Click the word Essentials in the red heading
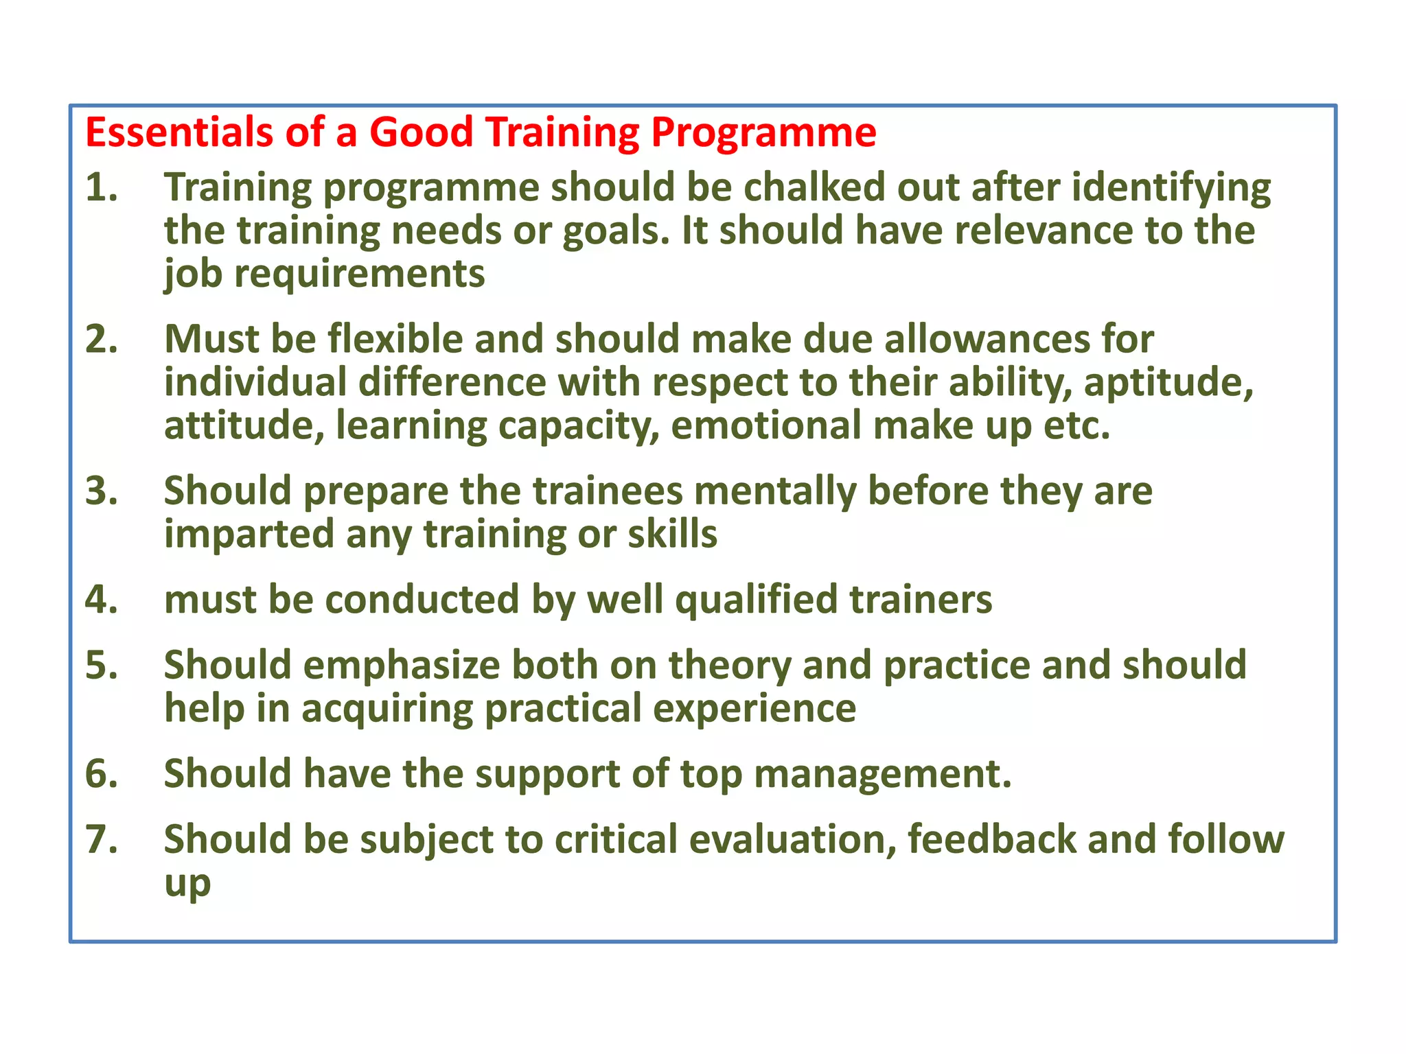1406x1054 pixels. point(178,132)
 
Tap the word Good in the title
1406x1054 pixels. point(421,132)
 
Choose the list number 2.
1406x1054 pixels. point(100,339)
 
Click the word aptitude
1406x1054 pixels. point(1168,383)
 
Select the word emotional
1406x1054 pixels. point(765,425)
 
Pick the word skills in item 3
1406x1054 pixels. point(672,534)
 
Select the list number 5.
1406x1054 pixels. point(100,665)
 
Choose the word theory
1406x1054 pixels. point(730,666)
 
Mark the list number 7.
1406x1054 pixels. point(100,839)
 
